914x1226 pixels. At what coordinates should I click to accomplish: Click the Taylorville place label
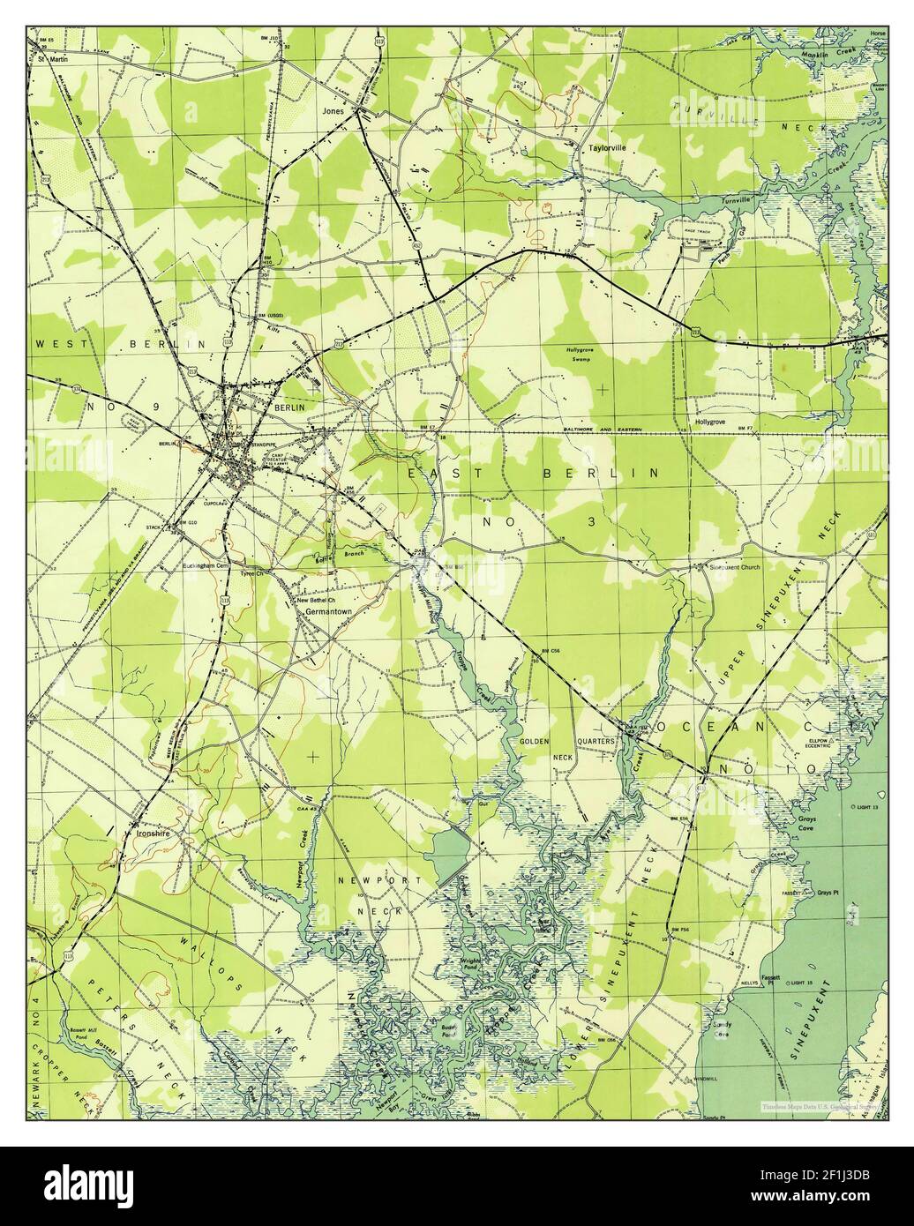(x=608, y=148)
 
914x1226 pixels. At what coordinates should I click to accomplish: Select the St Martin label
(x=49, y=60)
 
